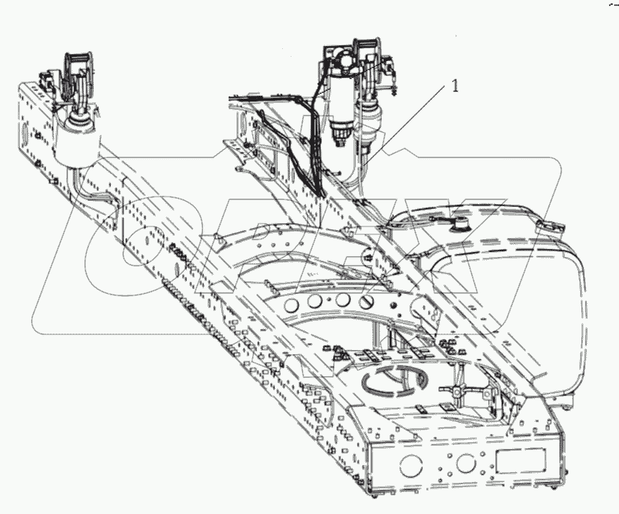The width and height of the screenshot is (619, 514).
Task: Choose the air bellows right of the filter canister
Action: [372, 128]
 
